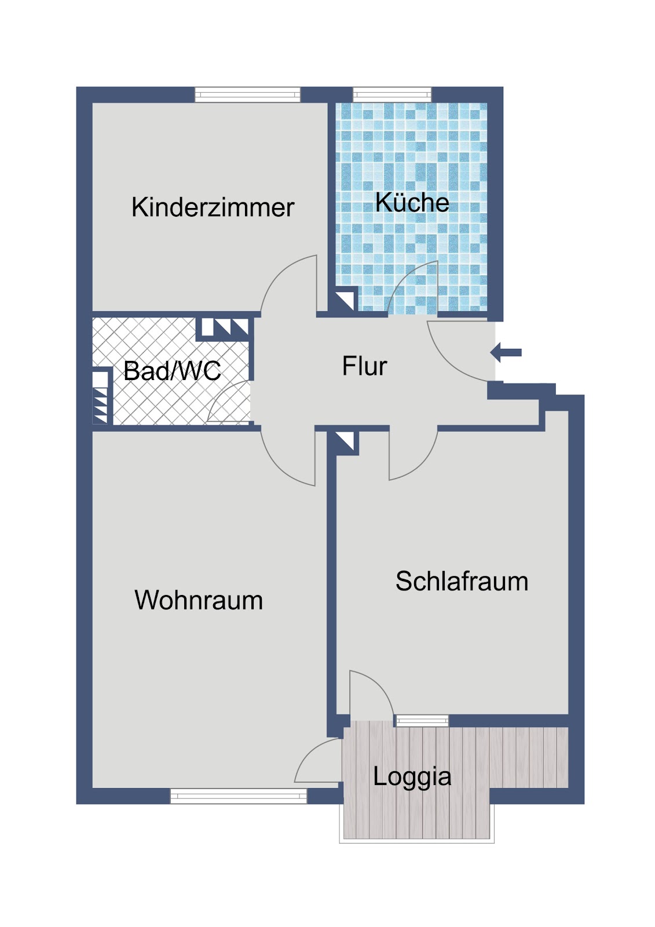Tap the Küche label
click(x=412, y=202)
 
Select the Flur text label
click(x=364, y=366)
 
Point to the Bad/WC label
click(x=172, y=370)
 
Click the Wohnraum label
click(x=199, y=600)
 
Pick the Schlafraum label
click(x=462, y=581)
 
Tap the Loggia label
click(x=412, y=777)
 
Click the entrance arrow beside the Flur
click(x=506, y=353)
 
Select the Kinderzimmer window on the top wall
click(x=247, y=95)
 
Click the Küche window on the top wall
click(x=392, y=95)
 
